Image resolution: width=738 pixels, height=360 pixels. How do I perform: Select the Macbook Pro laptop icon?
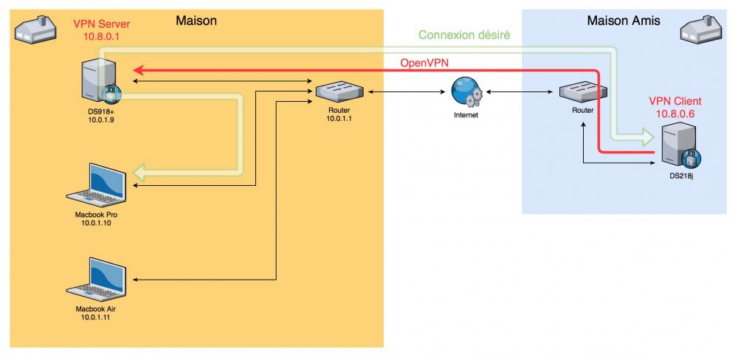(x=97, y=184)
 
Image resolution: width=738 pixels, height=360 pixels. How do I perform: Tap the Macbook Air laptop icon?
(x=97, y=279)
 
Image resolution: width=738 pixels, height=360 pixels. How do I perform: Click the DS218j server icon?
(x=677, y=146)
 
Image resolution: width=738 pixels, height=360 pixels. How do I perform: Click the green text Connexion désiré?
(x=464, y=35)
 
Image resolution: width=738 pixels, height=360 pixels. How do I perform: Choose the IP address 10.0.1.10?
(x=97, y=221)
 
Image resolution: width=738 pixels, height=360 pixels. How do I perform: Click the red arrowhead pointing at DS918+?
(x=138, y=71)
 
